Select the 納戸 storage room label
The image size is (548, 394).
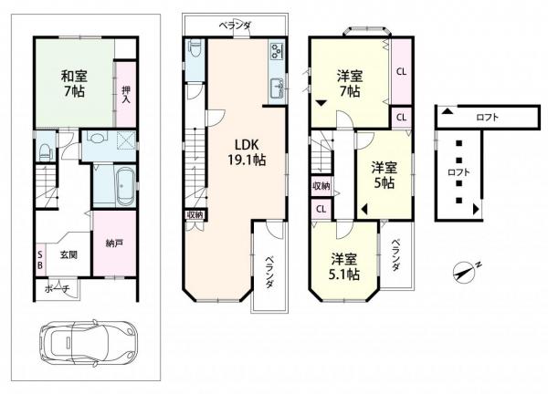[x=114, y=244]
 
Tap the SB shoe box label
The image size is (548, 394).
[x=40, y=260]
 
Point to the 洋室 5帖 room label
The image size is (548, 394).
[x=384, y=175]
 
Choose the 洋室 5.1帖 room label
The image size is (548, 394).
[x=343, y=265]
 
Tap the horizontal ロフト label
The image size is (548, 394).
[x=487, y=117]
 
